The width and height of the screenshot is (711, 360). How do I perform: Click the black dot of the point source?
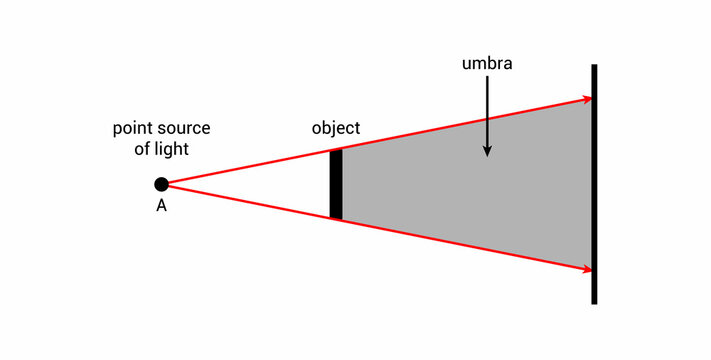[161, 184]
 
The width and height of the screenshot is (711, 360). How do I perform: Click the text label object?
[336, 129]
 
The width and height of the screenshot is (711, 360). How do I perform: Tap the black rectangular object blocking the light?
[336, 184]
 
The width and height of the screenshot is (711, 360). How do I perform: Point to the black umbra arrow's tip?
[487, 154]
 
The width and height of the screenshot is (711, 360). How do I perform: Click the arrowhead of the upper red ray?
[585, 99]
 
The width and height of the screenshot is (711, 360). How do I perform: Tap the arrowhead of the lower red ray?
[585, 268]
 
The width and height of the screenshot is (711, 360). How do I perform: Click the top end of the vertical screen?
[594, 68]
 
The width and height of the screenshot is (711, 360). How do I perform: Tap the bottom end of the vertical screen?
[594, 300]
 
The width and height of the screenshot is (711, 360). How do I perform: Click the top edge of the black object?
[336, 151]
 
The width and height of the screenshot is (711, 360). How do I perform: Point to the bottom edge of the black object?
[336, 218]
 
